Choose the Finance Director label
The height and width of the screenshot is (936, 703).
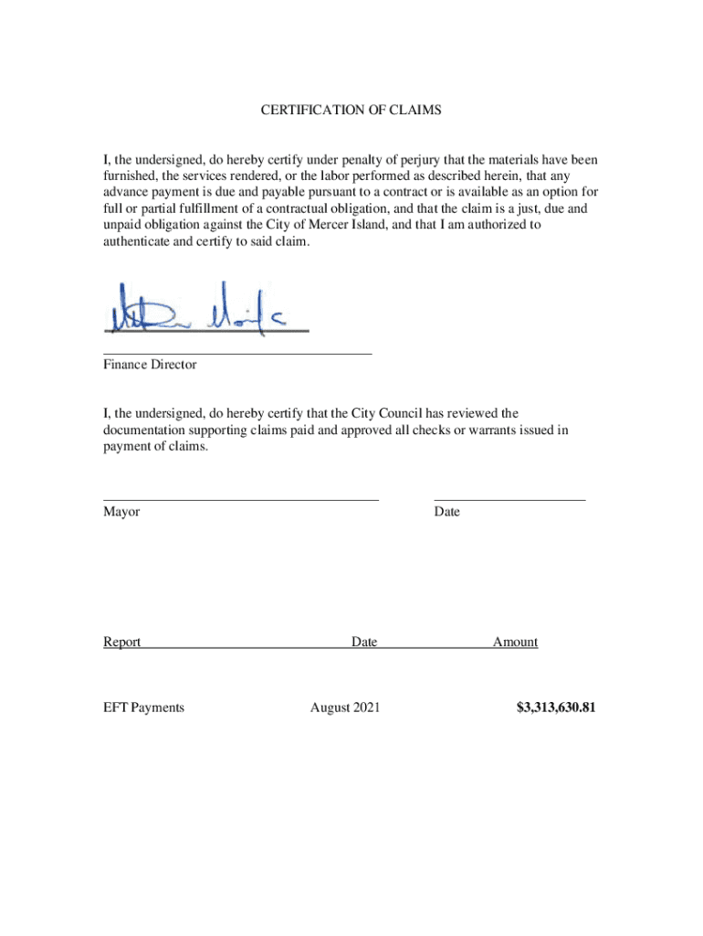tap(150, 365)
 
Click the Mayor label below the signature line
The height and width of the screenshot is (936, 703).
tap(121, 512)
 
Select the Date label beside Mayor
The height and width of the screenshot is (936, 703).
tap(447, 512)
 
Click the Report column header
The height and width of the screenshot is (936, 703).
tap(122, 643)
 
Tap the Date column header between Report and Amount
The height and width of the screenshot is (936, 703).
tap(364, 643)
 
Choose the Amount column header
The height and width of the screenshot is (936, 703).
tap(515, 643)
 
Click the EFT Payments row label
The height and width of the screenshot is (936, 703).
tap(143, 707)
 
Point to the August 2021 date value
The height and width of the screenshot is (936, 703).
tap(345, 707)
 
